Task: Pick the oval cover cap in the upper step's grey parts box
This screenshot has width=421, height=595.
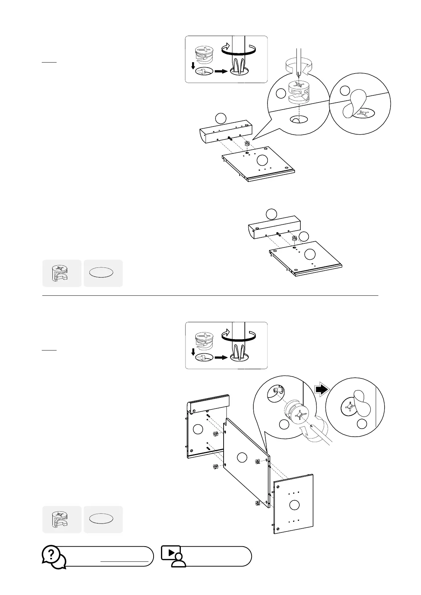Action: pos(101,273)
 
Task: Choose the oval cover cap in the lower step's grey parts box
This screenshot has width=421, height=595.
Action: pos(101,519)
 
